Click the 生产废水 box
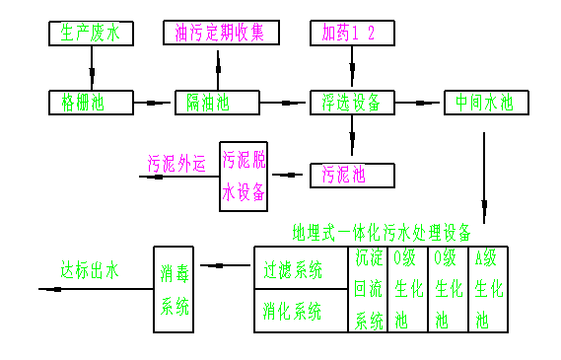point(90,34)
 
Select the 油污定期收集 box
point(221,33)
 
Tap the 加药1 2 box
point(352,33)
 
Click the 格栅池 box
point(90,102)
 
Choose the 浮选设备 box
point(352,102)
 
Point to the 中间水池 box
point(485,102)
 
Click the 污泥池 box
point(352,176)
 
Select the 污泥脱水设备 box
point(244,175)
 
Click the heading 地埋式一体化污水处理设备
point(383,233)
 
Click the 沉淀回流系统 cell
point(370,289)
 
